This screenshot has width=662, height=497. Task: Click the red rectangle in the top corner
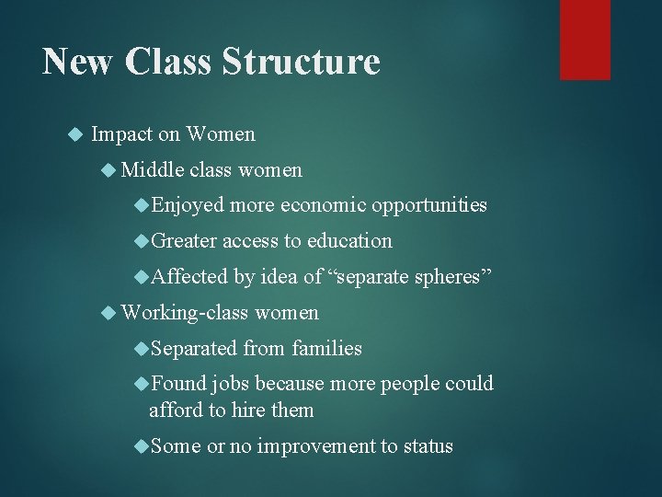(585, 39)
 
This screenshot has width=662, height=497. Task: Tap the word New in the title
(78, 63)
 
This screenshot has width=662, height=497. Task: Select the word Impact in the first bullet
(122, 134)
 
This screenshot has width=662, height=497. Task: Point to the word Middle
(153, 169)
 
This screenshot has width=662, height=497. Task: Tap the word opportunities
(429, 205)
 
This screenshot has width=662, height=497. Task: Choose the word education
(349, 241)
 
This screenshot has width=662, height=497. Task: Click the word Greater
(184, 241)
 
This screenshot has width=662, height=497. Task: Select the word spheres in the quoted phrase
(457, 277)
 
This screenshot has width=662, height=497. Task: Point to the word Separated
(193, 349)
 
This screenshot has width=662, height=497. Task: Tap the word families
(326, 349)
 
